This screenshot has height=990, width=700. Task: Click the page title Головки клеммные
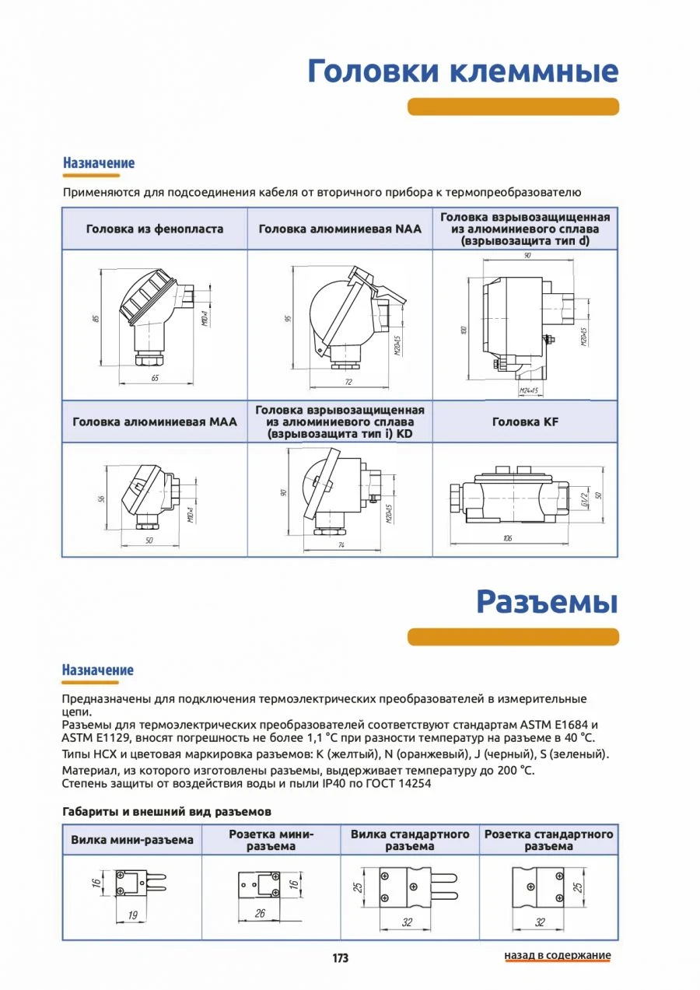[x=463, y=71]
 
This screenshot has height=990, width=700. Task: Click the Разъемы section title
[x=547, y=601]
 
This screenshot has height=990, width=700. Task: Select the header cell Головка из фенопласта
[x=155, y=229]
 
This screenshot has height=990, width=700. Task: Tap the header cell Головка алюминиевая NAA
[x=340, y=229]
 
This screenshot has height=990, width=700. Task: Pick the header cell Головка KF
[x=525, y=422]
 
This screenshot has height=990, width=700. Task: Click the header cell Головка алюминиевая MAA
[x=155, y=422]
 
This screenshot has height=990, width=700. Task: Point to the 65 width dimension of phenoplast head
[x=155, y=377]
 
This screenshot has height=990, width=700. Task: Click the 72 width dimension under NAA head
[x=348, y=382]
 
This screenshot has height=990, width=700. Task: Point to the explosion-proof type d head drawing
[x=525, y=323]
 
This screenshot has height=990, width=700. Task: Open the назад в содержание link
[x=558, y=955]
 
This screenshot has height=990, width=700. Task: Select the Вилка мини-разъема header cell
[x=132, y=840]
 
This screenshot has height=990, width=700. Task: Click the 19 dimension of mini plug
[x=132, y=915]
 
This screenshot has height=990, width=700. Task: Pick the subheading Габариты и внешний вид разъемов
[x=166, y=811]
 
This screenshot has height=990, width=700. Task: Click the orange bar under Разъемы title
[x=513, y=636]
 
